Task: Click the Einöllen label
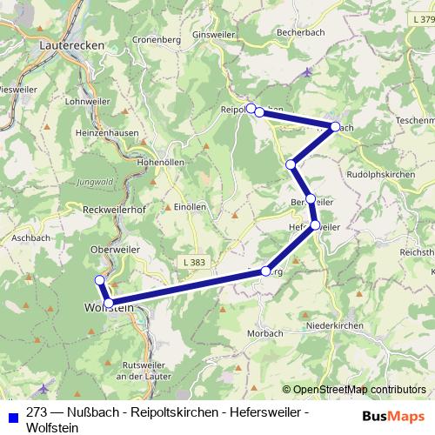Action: pos(190,207)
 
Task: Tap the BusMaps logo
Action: pos(393,415)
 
